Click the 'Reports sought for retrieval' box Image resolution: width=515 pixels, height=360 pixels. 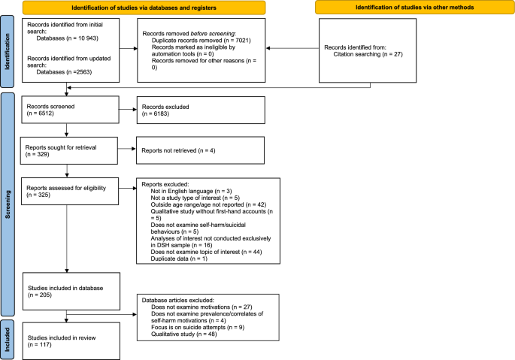[68, 150]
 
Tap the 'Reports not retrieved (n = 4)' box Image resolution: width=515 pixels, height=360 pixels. [199, 150]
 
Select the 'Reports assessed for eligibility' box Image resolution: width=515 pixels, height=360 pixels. [68, 191]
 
